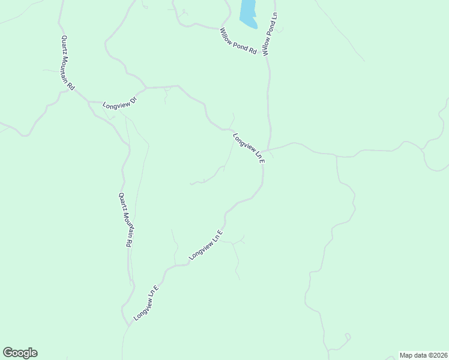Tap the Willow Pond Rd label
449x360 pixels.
pos(238,41)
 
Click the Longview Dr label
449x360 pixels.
pos(120,101)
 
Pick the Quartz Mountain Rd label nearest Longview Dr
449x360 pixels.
pos(67,63)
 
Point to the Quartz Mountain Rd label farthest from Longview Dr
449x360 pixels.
pos(124,220)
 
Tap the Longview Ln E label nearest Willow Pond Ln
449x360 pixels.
pos(249,147)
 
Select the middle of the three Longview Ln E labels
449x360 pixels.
pos(206,245)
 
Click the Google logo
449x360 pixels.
pos(20,353)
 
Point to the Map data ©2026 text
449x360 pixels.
pos(423,355)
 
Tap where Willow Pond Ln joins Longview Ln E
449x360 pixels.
pos(263,151)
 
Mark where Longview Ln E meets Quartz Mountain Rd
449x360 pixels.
pos(128,326)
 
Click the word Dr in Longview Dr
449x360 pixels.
pos(133,97)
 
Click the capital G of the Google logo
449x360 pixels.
pos(8,352)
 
